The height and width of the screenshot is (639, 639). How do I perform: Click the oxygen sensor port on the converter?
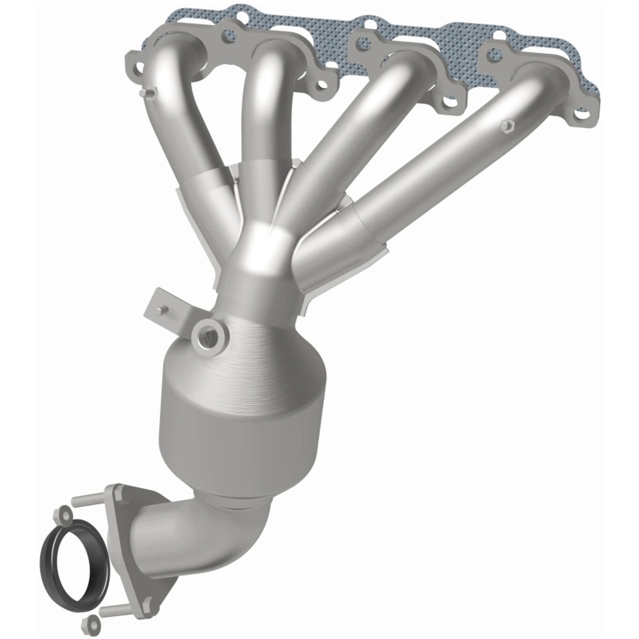207,336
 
